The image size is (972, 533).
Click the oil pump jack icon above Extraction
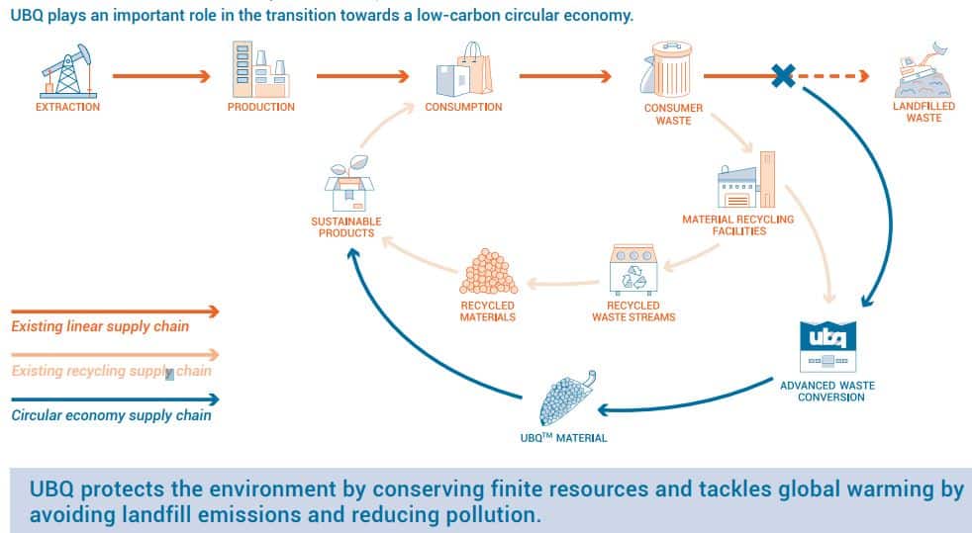click(x=67, y=71)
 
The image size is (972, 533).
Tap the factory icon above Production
click(x=260, y=69)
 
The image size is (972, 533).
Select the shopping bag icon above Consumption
click(x=464, y=68)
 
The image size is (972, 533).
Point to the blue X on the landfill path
click(x=784, y=76)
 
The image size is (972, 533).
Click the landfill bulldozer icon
click(x=923, y=70)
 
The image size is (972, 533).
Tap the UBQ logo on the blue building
click(x=827, y=337)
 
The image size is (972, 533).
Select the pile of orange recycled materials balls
click(x=489, y=272)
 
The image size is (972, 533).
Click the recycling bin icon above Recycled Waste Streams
click(x=632, y=270)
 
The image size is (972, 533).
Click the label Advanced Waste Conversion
click(x=827, y=392)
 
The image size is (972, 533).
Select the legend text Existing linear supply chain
click(x=100, y=326)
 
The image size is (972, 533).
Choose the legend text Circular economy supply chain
click(x=111, y=415)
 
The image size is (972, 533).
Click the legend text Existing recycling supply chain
click(x=111, y=371)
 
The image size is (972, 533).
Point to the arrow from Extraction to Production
click(x=161, y=76)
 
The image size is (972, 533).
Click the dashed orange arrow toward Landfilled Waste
click(x=832, y=76)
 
